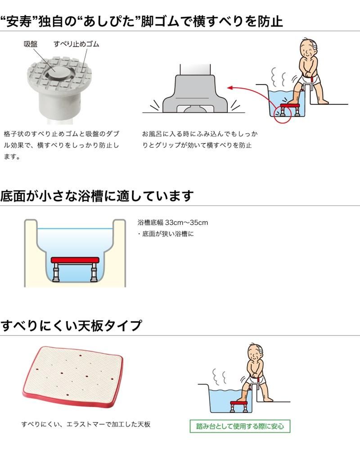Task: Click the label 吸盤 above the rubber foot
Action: click(x=31, y=44)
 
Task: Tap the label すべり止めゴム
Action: click(x=76, y=44)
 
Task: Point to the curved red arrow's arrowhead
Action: click(x=230, y=88)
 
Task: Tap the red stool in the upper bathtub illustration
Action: click(x=290, y=109)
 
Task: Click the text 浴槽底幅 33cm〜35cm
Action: click(x=173, y=222)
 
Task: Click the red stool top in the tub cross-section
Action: click(x=75, y=260)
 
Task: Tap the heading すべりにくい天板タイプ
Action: click(x=71, y=326)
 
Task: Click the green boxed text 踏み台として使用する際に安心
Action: click(x=240, y=426)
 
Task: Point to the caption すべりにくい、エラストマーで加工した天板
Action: click(x=85, y=424)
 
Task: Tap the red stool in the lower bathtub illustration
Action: click(x=239, y=405)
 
